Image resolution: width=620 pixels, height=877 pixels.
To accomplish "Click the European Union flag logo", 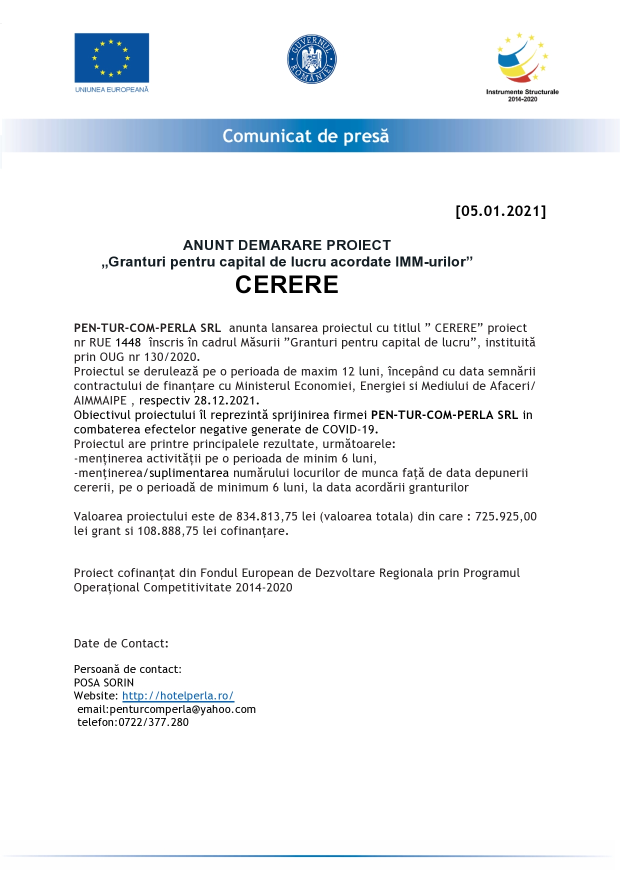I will click(111, 57).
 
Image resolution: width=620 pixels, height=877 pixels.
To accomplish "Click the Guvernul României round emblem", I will click(312, 59).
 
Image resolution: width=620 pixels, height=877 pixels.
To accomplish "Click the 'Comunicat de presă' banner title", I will click(305, 136).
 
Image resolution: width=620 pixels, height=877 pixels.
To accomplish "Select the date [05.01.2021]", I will click(500, 211).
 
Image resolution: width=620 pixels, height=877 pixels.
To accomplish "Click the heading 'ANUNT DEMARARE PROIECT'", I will click(287, 245).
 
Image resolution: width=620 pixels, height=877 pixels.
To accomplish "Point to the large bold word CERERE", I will click(287, 284).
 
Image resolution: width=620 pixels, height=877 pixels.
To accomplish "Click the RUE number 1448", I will click(128, 342).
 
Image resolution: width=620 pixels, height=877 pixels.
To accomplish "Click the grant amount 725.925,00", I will click(505, 516).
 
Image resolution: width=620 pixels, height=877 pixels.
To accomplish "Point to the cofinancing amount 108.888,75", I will click(168, 531).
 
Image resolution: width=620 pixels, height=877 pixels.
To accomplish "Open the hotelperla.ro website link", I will click(177, 695).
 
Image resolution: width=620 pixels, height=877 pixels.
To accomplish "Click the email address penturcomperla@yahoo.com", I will click(182, 709).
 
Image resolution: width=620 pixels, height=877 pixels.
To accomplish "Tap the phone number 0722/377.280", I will click(153, 722).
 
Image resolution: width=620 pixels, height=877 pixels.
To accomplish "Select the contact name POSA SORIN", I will click(104, 682).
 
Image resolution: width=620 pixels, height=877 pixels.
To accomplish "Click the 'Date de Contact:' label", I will click(121, 643).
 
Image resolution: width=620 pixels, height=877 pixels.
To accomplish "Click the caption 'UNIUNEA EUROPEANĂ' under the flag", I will click(112, 89).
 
